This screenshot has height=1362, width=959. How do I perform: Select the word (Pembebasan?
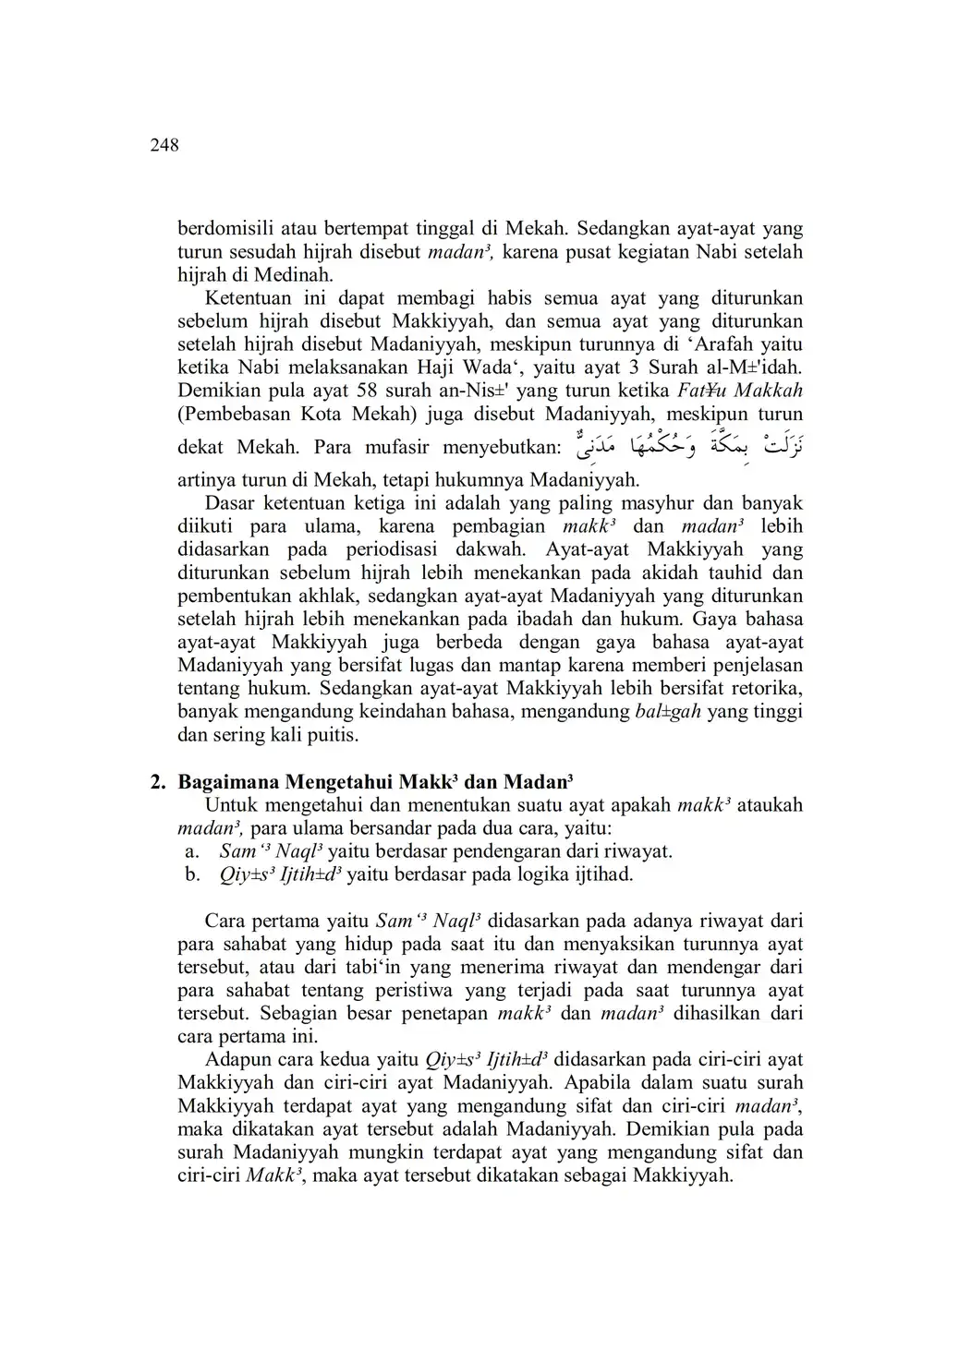237,414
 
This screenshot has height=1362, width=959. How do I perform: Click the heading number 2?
157,781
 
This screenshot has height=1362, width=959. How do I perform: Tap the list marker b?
191,874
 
